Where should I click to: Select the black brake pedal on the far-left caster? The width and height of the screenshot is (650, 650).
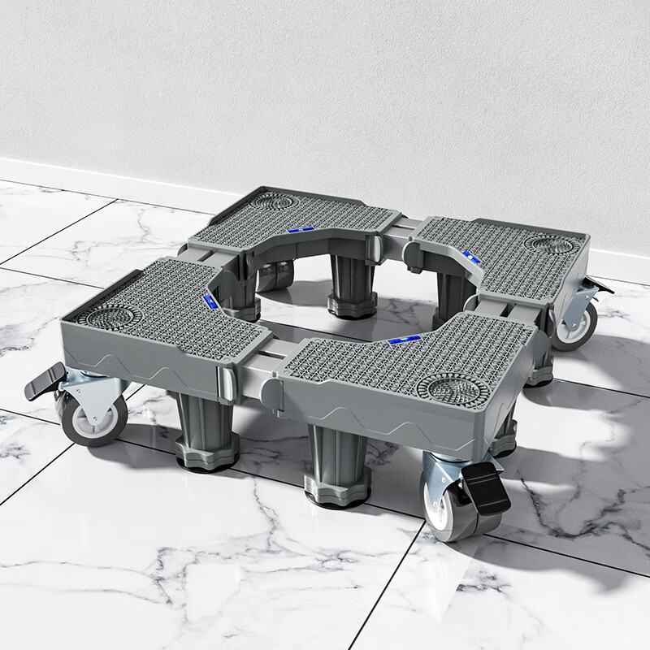click(45, 380)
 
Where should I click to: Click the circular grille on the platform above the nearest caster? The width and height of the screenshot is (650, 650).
click(452, 387)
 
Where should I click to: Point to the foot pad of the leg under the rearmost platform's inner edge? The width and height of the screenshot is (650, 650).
click(351, 307)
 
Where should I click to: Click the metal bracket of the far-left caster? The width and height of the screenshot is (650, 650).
click(89, 388)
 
